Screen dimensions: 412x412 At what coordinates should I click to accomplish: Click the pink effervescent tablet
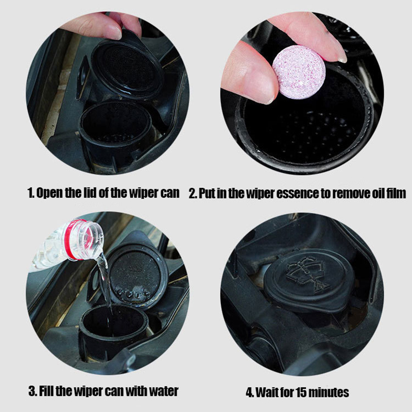point(299,72)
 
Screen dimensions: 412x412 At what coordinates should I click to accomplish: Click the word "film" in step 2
point(396,193)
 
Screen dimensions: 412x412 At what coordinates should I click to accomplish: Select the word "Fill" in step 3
point(46,391)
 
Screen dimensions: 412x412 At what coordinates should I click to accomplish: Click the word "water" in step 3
point(163,391)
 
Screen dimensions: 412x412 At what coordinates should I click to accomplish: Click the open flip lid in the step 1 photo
point(127,66)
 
